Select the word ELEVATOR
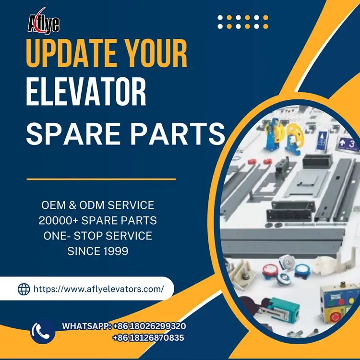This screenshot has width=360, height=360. point(86,94)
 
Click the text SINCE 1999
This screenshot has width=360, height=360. point(97,251)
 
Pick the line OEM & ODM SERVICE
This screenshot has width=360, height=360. point(97,205)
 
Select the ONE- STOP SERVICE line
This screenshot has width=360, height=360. point(97,236)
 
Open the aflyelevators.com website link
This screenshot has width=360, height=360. point(98,289)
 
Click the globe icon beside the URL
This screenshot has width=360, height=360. point(24,289)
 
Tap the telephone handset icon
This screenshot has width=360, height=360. point(43,331)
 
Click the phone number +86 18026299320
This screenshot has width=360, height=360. point(149,326)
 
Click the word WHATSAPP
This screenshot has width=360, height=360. point(86,326)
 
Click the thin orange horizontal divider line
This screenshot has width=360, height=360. point(101,179)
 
